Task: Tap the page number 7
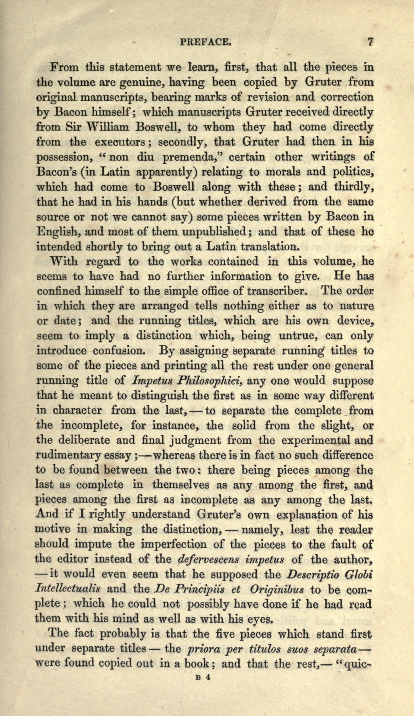(370, 42)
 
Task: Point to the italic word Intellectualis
(68, 589)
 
